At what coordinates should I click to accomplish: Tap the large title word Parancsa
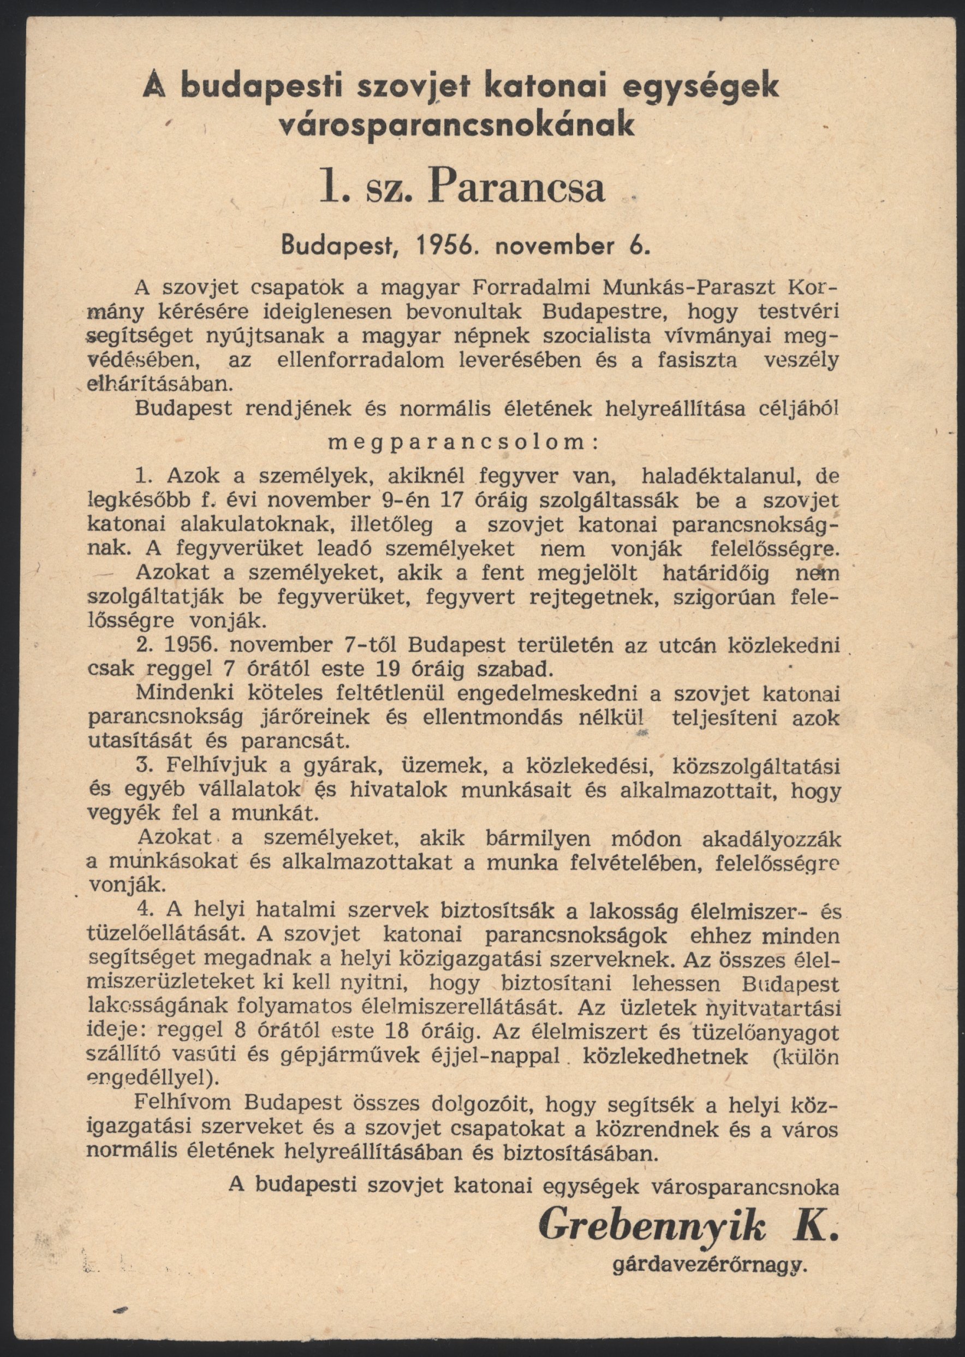click(x=521, y=186)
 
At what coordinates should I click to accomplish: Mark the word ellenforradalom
click(x=360, y=361)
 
